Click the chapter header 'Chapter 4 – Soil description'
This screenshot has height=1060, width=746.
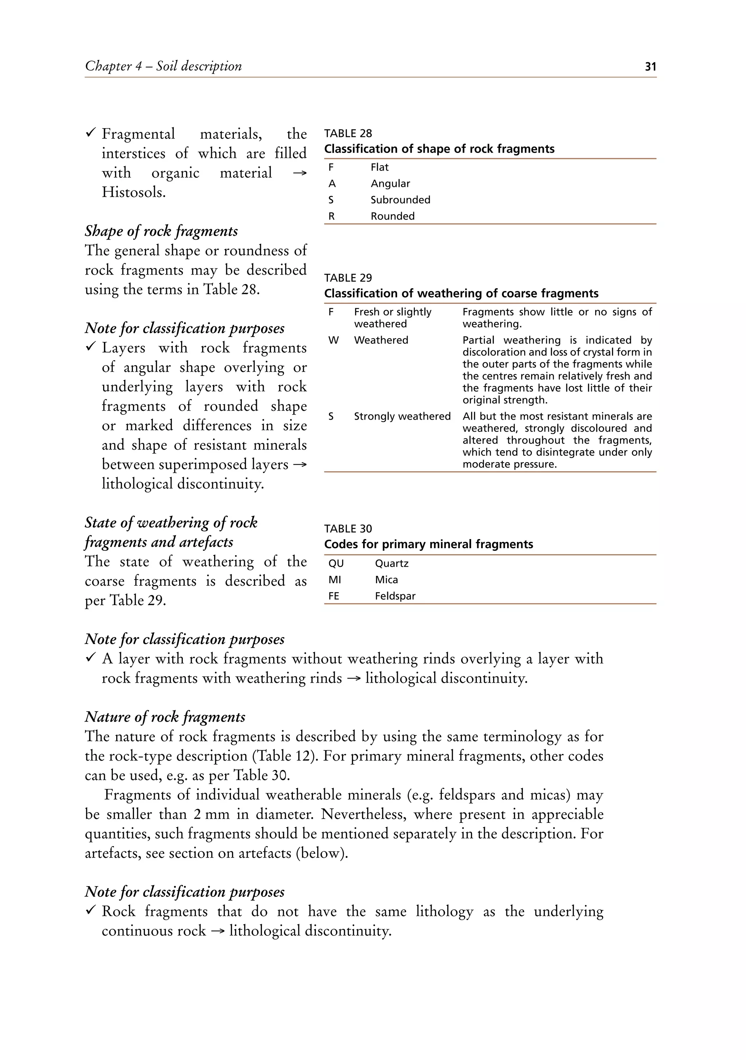tap(164, 66)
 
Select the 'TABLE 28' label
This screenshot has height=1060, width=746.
tap(348, 133)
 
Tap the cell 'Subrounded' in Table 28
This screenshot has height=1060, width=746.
tap(400, 200)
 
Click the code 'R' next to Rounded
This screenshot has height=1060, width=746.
tap(331, 216)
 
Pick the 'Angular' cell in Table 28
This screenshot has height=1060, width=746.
tap(390, 183)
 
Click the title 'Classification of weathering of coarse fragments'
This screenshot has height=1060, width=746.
tap(461, 293)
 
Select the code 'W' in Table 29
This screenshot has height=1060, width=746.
tap(333, 340)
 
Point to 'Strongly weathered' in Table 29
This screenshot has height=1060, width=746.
tap(402, 416)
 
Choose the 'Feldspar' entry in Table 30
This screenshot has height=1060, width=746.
tap(395, 596)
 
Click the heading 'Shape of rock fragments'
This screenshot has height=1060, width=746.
tap(161, 231)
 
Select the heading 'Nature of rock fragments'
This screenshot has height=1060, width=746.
tap(165, 717)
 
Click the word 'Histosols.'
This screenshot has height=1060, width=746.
tap(133, 192)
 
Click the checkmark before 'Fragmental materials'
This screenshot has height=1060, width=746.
tap(90, 133)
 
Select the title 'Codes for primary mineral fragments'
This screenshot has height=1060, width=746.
tap(428, 544)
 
